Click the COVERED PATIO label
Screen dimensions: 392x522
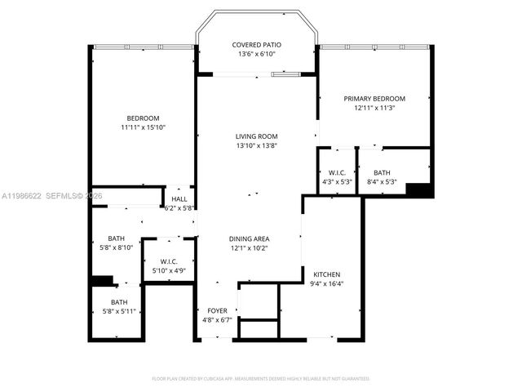click(x=257, y=45)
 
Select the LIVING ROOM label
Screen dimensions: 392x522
click(x=257, y=136)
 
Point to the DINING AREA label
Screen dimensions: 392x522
click(x=249, y=238)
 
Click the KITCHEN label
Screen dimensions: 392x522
click(x=327, y=274)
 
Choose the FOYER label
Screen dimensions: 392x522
click(x=217, y=310)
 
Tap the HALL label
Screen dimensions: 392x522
click(x=179, y=199)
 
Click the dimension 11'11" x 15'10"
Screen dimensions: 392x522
click(x=143, y=127)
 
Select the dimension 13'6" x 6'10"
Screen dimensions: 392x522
click(x=257, y=54)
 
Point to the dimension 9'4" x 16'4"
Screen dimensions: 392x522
click(x=327, y=283)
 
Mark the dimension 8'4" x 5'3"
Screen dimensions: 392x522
click(x=382, y=181)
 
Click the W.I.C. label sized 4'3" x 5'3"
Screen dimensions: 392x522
click(x=338, y=172)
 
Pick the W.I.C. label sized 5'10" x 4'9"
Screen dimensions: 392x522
click(x=168, y=261)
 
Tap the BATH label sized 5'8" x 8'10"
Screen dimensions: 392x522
click(x=116, y=238)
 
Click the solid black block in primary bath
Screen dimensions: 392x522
click(x=418, y=189)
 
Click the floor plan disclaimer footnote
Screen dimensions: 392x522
click(x=261, y=378)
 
